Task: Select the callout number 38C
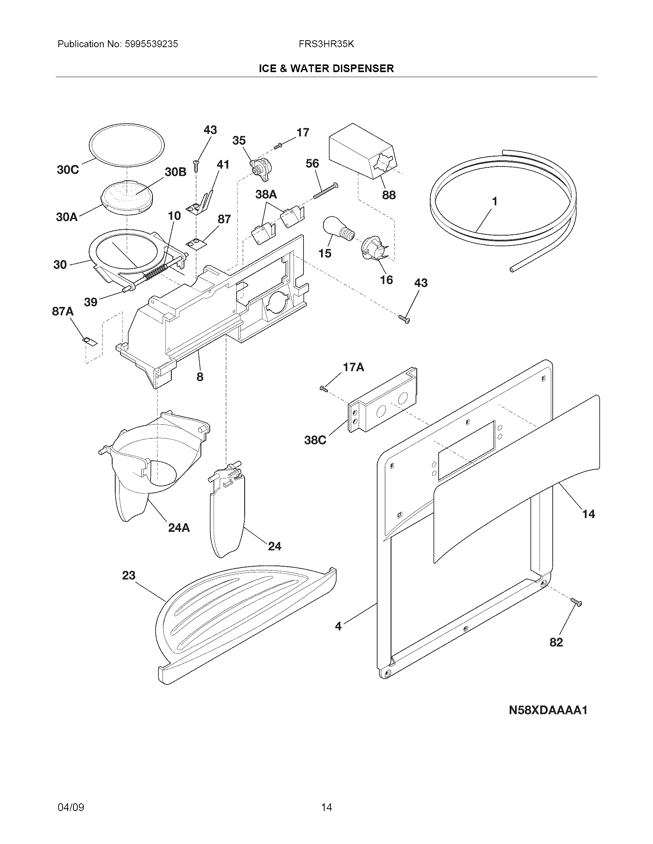coord(315,440)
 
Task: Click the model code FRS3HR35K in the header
coord(326,44)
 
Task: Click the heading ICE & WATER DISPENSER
coord(326,69)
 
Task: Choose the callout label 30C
coord(68,170)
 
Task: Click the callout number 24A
coord(179,527)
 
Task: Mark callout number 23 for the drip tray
coord(129,575)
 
